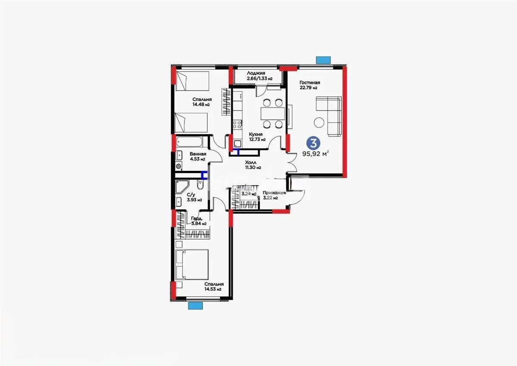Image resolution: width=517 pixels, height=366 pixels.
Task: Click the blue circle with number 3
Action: coord(315,142)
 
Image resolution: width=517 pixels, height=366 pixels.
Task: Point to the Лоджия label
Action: coord(256,73)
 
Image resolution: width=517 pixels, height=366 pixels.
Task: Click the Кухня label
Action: coord(256,134)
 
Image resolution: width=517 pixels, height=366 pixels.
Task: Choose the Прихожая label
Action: coord(274,193)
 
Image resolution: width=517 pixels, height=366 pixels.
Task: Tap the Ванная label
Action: coord(198,154)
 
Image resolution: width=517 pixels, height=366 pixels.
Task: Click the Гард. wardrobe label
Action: coord(197,218)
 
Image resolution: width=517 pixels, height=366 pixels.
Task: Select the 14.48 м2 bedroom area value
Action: coord(201,104)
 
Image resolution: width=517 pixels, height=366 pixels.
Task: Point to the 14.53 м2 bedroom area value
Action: coord(213,289)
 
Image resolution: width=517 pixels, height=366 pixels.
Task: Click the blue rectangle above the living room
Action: coord(323,60)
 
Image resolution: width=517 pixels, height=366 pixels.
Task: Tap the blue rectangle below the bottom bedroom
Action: coord(195,305)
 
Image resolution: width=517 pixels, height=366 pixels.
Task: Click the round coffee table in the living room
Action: coord(319,123)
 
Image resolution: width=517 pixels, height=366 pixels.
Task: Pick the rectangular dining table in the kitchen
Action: coord(273,114)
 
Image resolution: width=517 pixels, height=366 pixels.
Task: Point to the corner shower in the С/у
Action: coord(182,187)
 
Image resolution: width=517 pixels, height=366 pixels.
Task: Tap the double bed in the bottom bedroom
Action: coord(193,264)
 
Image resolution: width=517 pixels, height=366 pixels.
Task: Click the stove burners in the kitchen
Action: coord(237,125)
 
